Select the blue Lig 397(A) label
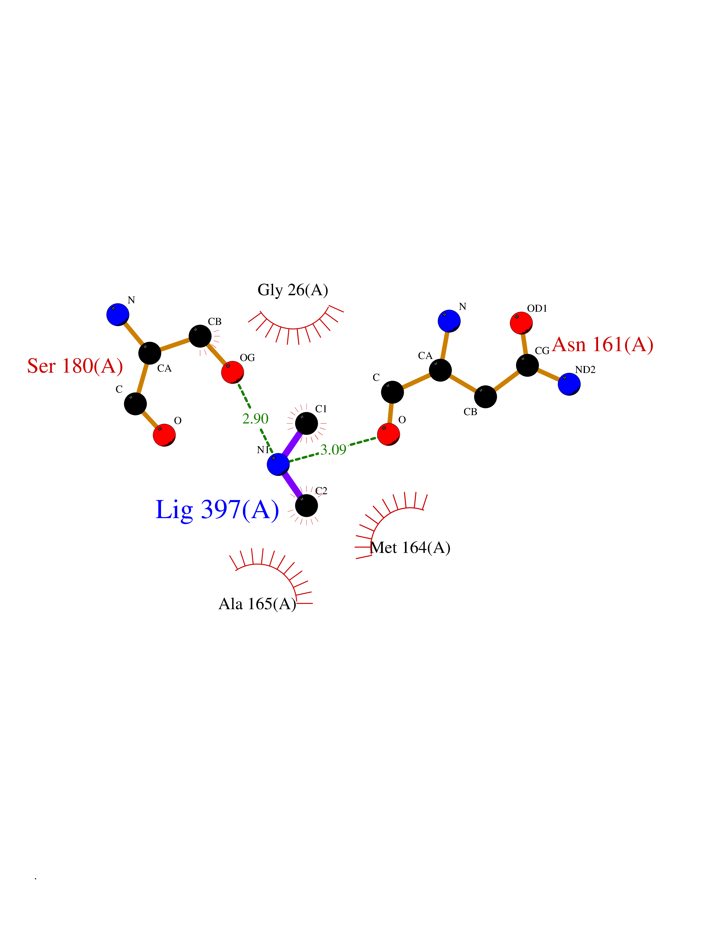(x=217, y=510)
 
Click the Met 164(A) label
(x=410, y=548)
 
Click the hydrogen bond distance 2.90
(x=255, y=419)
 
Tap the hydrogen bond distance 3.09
(x=333, y=450)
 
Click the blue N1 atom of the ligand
(x=278, y=464)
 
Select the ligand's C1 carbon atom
(x=307, y=423)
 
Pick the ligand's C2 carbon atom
(x=307, y=505)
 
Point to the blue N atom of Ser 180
(x=118, y=314)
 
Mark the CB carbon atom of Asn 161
(x=485, y=396)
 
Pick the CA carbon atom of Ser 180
(x=149, y=353)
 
